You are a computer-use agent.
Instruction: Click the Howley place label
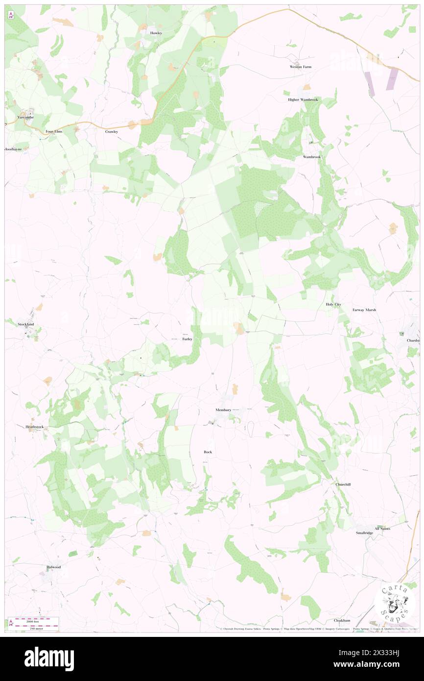click(156, 33)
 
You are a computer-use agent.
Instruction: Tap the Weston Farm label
click(301, 67)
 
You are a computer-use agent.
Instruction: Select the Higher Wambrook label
click(303, 99)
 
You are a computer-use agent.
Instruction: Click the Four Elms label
click(54, 131)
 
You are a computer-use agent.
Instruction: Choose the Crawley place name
click(112, 132)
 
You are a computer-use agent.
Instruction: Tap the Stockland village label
click(25, 324)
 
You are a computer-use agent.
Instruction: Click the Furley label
click(187, 339)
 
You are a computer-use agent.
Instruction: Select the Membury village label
click(223, 410)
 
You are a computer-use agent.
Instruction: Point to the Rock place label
click(208, 452)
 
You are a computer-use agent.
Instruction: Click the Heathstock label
click(34, 427)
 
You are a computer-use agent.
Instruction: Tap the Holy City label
click(333, 304)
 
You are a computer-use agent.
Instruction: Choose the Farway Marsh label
click(364, 310)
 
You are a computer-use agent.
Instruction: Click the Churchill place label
click(343, 484)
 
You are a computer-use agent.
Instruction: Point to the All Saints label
click(382, 529)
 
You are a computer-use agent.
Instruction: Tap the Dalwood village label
click(53, 567)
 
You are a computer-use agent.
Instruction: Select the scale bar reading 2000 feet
click(33, 620)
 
